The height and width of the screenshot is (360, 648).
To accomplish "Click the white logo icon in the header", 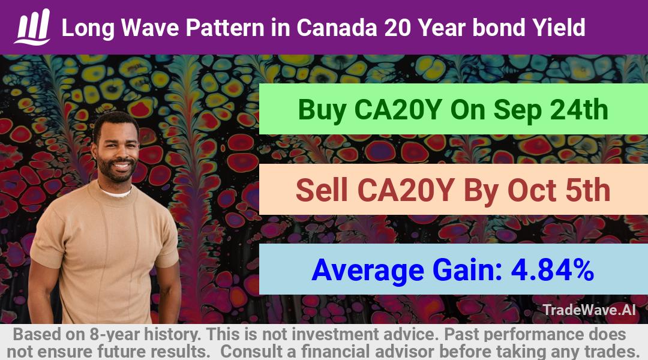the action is (x=32, y=27).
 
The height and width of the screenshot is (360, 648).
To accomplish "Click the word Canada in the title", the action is (x=337, y=28).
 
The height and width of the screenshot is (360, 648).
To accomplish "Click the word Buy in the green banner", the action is (x=322, y=110).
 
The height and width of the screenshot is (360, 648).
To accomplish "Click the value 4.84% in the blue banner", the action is (x=553, y=271).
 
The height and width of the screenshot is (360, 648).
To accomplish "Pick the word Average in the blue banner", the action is (x=368, y=271).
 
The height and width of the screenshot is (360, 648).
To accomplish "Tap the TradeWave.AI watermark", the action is (x=589, y=310).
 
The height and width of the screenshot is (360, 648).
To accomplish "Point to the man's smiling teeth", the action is (x=121, y=166).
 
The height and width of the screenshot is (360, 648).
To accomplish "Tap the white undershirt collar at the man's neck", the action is (x=116, y=193).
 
